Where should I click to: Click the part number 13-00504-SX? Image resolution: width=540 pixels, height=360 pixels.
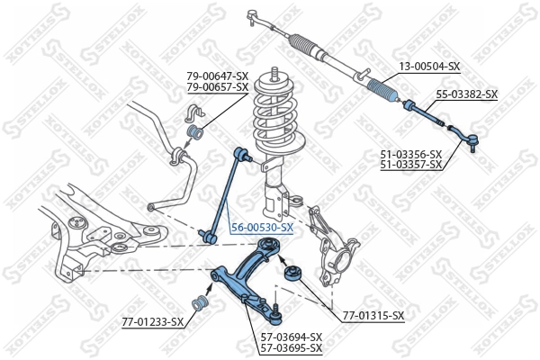[429, 67]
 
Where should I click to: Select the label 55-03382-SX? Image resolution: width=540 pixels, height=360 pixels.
[466, 94]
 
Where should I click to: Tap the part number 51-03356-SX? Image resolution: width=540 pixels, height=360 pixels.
[410, 154]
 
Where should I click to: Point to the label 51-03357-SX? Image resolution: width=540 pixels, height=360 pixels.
[410, 165]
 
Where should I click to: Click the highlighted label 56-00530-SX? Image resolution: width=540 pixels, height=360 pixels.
[262, 229]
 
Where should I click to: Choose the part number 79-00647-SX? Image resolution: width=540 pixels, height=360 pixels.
[217, 76]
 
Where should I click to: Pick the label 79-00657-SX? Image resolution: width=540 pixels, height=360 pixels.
[217, 86]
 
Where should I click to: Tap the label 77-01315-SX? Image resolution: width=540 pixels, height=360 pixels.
[373, 316]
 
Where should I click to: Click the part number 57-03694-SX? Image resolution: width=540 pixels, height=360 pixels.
[291, 337]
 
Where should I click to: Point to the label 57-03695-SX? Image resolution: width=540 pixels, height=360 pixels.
[291, 347]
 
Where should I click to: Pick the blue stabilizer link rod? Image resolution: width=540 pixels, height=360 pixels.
[224, 193]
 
